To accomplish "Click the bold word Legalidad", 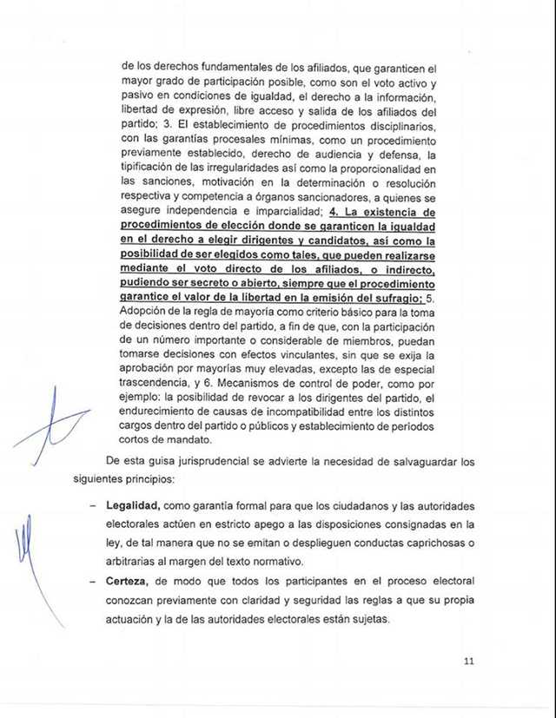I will point(131,505).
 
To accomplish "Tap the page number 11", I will point(469,662).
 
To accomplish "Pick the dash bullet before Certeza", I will point(92,579).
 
